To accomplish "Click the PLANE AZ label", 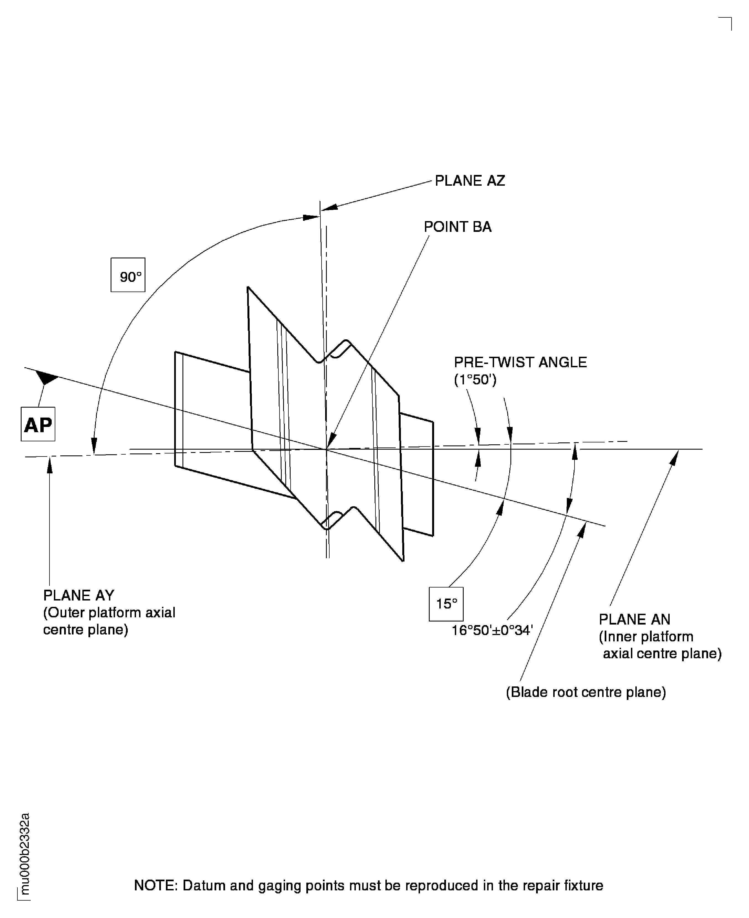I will pos(469,181).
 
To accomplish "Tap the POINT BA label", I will pos(457,227).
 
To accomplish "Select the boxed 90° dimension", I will pos(128,275).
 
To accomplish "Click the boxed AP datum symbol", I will pos(38,424).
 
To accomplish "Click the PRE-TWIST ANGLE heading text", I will pos(520,362).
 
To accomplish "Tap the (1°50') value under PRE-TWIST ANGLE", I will pos(475,380).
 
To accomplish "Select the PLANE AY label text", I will pos(79,596).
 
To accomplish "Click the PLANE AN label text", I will pos(634,620).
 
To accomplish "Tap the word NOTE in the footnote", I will pos(155,886).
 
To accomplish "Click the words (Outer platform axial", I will pos(109,613).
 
